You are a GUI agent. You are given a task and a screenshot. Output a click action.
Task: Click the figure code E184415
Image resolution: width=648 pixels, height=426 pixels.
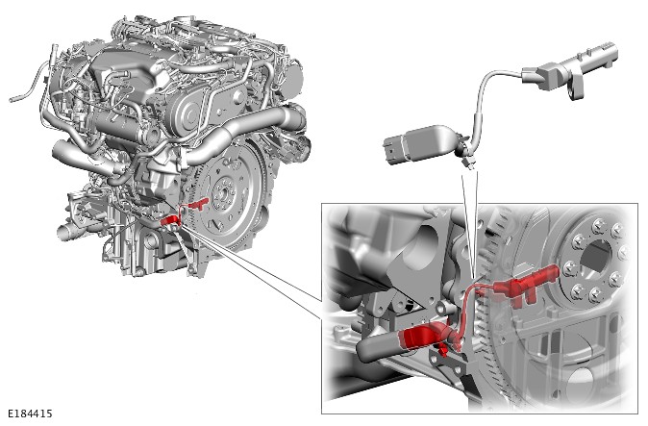click(30, 413)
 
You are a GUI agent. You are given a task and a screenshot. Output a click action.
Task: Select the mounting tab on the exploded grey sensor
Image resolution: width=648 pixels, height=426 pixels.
click(577, 92)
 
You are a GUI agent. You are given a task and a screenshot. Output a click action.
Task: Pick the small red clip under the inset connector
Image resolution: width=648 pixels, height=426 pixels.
click(442, 350)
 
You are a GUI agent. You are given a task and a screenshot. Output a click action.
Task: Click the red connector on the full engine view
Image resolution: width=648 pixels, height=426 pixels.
click(169, 222)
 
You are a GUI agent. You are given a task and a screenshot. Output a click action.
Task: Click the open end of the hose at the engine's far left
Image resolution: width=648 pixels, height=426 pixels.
click(12, 99)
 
